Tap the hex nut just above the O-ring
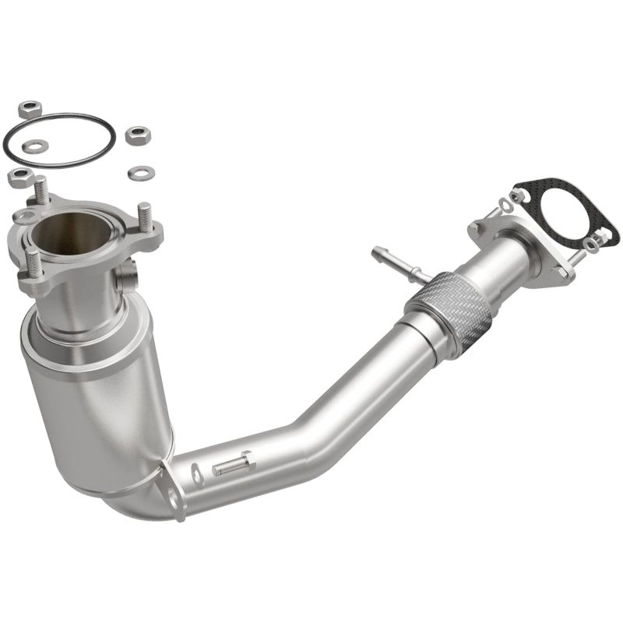(29, 107)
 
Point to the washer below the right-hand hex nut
(141, 171)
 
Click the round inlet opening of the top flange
(74, 230)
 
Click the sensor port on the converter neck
(128, 274)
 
